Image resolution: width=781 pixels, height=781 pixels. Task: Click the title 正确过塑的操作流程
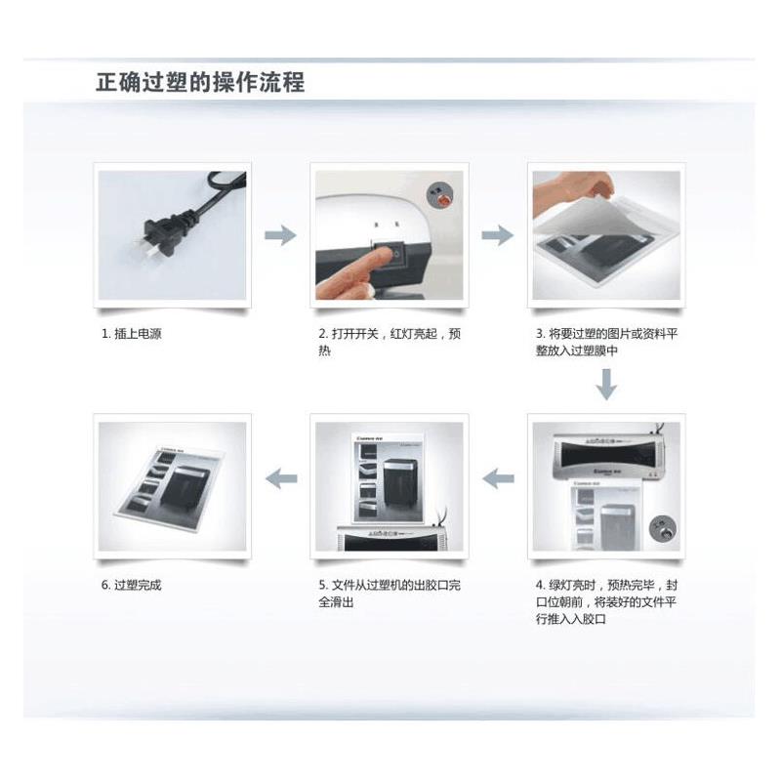200,82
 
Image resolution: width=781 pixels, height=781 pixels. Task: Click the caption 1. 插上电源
132,334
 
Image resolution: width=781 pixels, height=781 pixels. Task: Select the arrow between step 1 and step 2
281,234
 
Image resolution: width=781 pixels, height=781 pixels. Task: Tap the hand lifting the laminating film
576,195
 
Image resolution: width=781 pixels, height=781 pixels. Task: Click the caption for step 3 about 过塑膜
605,342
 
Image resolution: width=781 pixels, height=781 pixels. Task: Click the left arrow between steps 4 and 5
498,478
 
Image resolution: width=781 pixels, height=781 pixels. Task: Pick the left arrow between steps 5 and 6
281,478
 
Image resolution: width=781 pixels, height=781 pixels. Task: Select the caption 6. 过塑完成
132,586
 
